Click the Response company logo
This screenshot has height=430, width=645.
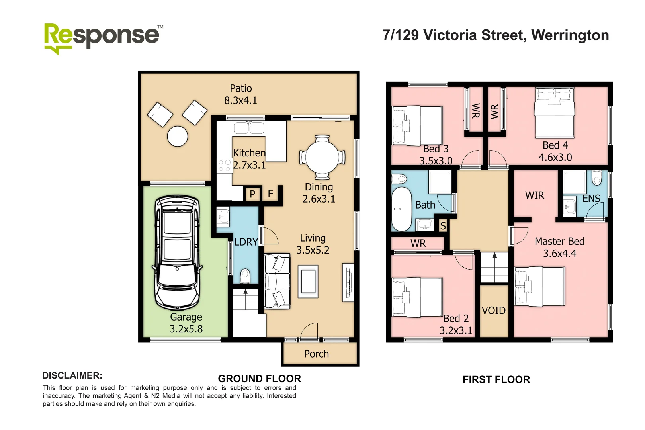pyautogui.click(x=104, y=39)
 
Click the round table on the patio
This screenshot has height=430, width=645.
pyautogui.click(x=178, y=136)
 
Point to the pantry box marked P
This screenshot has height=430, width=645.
pyautogui.click(x=252, y=194)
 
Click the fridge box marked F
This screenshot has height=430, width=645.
pyautogui.click(x=270, y=193)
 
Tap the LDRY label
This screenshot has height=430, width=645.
pyautogui.click(x=246, y=242)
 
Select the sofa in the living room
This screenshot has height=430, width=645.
pyautogui.click(x=277, y=281)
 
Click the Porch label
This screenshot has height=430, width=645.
pyautogui.click(x=317, y=354)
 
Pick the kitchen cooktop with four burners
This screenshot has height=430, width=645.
pyautogui.click(x=224, y=165)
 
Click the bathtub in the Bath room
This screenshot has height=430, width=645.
pyautogui.click(x=402, y=209)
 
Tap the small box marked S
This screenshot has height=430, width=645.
pyautogui.click(x=443, y=226)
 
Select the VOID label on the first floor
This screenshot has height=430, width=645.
pyautogui.click(x=494, y=311)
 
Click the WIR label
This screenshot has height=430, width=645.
pyautogui.click(x=535, y=195)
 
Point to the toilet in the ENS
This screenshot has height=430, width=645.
pyautogui.click(x=597, y=178)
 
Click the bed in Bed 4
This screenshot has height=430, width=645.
pyautogui.click(x=554, y=113)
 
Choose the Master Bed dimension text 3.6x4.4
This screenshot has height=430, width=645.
pyautogui.click(x=560, y=254)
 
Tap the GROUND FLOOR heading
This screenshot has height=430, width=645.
pyautogui.click(x=260, y=379)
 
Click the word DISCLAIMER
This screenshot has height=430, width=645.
pyautogui.click(x=72, y=375)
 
